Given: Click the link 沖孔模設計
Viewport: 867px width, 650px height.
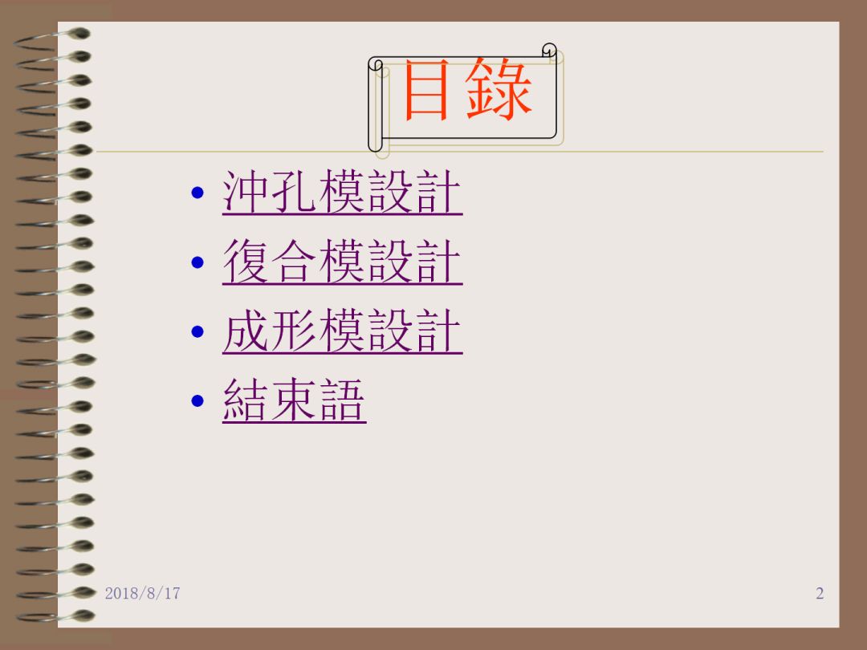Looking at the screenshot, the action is pos(342,192).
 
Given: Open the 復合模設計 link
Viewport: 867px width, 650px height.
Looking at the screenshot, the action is pos(342,262).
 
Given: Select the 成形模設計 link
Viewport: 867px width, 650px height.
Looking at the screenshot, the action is pos(342,331).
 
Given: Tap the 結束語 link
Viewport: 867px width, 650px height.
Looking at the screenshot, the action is pos(294,400).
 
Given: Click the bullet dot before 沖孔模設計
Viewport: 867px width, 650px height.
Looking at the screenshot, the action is pos(197,193).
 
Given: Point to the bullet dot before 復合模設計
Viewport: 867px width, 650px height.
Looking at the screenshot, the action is pos(197,262).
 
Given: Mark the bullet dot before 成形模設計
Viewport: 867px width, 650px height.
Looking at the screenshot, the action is pos(197,331).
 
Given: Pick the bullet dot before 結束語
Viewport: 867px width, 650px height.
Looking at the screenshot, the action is pos(197,400).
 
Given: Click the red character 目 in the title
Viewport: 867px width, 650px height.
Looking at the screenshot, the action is pos(425,90).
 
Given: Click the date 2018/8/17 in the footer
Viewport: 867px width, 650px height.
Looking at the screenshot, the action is pos(143,593).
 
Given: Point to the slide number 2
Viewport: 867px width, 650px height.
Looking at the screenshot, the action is pos(820,593).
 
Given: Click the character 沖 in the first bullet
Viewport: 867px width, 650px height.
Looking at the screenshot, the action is pos(246,191).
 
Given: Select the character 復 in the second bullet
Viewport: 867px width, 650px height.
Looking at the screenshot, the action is pos(246,261).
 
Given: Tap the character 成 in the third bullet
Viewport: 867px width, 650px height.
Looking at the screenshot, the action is pos(246,330).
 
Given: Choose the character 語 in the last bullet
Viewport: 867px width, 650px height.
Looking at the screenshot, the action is pos(342,400).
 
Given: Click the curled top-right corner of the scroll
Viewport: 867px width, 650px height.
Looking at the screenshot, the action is pos(549,50).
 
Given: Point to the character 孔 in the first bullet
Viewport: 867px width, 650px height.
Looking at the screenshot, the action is pos(294,191).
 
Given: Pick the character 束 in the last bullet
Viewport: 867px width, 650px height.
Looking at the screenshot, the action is pos(294,400).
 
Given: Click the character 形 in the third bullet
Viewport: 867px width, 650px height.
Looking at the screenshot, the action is pos(294,330).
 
